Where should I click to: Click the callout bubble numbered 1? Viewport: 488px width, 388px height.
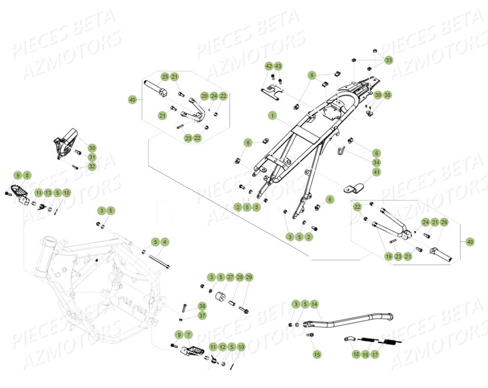click(272, 116)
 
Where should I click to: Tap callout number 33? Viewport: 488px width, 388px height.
click(389, 60)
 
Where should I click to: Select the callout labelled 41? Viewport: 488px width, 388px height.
click(377, 172)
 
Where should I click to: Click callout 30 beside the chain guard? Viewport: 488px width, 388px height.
click(92, 148)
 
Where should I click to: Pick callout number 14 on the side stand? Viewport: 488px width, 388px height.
click(314, 304)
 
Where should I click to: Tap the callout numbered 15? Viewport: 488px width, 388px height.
click(317, 354)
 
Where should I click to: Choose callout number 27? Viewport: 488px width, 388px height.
click(230, 277)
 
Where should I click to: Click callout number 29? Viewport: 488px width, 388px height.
click(249, 277)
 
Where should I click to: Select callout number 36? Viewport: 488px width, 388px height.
click(202, 306)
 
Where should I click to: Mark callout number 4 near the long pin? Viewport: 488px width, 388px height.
click(164, 241)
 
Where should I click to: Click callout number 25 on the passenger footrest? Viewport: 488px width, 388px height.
click(165, 77)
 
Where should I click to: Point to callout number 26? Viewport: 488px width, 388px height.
click(444, 222)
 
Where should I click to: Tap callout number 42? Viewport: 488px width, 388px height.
click(269, 66)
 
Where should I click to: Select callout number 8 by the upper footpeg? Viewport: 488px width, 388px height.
click(27, 175)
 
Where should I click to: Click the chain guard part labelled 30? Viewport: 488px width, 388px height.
click(66, 142)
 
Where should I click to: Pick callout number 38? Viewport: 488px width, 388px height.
click(388, 95)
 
